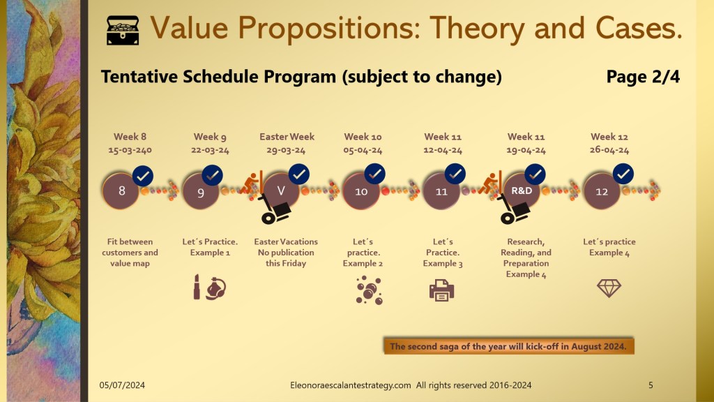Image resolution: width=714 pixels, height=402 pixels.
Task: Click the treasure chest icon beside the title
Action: tap(123, 31)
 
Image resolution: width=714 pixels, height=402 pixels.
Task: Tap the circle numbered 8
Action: tap(121, 191)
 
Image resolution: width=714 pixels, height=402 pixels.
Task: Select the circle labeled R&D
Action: tap(522, 191)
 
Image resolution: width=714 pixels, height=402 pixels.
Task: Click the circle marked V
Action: tap(281, 191)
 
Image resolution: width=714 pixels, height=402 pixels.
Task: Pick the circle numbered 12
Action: tap(602, 191)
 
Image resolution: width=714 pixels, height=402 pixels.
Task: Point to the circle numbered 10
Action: tap(361, 191)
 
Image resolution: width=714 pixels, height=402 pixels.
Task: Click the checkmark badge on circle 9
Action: tap(212, 175)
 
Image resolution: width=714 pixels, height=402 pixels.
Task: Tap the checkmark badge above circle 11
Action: tap(455, 174)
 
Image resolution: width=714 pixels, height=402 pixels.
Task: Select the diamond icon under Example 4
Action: tap(609, 288)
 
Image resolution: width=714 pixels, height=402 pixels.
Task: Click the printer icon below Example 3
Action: tap(441, 291)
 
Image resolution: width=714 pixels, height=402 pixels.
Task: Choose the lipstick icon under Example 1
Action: tap(197, 287)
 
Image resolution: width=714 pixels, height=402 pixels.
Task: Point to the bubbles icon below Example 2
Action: tap(369, 290)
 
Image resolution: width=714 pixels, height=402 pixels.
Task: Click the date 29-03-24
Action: tap(286, 150)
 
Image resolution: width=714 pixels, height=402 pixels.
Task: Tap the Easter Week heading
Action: tap(287, 136)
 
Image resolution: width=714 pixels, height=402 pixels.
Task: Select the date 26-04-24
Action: tap(609, 150)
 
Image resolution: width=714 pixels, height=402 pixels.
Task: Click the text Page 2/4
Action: tap(643, 77)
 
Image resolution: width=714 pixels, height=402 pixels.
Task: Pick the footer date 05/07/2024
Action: tap(122, 385)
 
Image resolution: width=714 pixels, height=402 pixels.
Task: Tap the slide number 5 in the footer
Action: tap(651, 385)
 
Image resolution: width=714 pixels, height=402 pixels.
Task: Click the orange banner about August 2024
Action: tap(508, 346)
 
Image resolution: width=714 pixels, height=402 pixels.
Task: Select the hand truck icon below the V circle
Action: tap(275, 209)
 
